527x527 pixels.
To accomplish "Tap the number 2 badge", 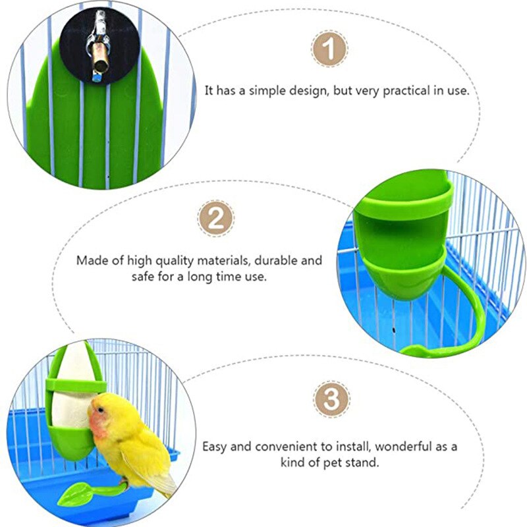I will [x=215, y=217].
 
